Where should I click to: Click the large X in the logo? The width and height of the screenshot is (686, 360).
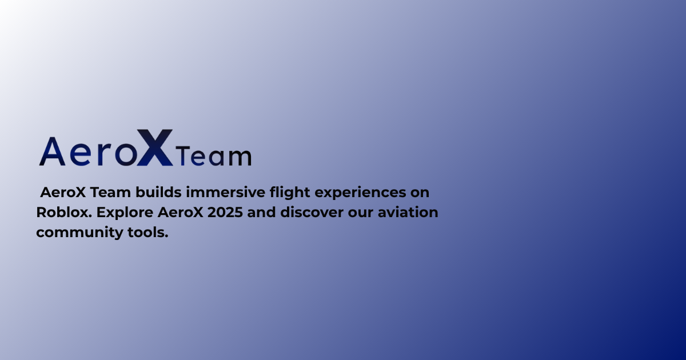(x=155, y=147)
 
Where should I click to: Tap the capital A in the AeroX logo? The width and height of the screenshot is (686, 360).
(x=53, y=151)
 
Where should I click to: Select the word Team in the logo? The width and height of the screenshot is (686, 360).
(x=214, y=156)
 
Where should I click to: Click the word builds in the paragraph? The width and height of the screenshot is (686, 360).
(x=158, y=192)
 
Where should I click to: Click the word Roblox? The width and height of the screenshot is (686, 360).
(x=64, y=212)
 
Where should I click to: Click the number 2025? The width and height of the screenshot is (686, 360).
(x=225, y=213)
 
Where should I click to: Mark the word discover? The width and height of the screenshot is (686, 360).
(x=312, y=212)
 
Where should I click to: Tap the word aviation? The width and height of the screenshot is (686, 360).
(x=408, y=212)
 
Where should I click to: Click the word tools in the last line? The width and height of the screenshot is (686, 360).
(x=148, y=233)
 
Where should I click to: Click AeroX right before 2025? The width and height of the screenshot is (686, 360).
(x=181, y=213)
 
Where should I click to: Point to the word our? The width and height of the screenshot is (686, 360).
(x=361, y=214)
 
